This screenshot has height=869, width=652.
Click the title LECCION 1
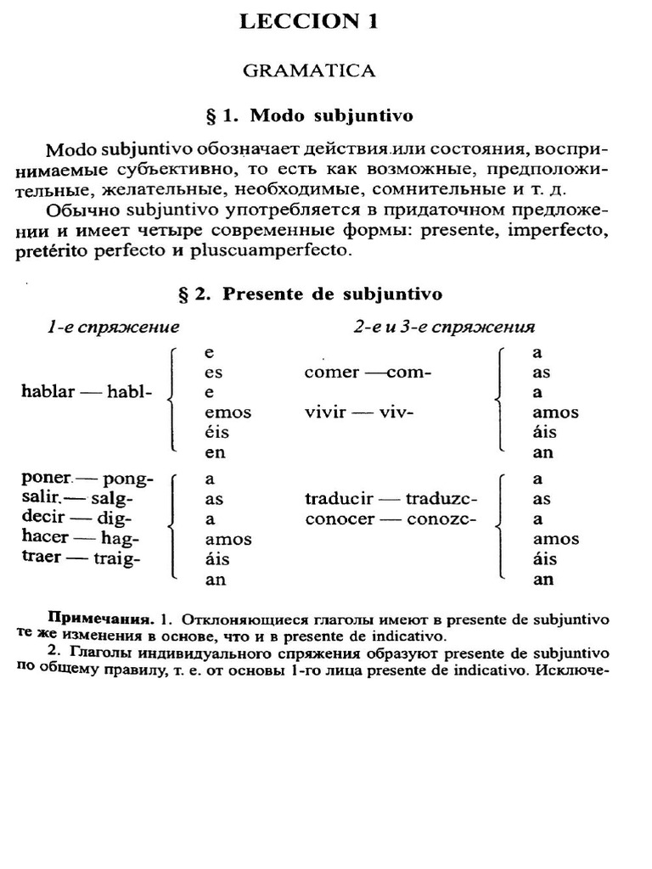point(309,22)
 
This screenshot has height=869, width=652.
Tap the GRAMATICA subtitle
point(309,70)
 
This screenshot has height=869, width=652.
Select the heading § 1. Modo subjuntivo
point(309,115)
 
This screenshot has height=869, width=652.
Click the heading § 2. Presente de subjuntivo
point(309,294)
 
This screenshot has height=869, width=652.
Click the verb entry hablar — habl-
point(86,392)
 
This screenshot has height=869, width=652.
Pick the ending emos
point(228,412)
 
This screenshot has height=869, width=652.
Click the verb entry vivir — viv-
point(358,412)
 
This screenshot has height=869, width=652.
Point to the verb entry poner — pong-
point(87,479)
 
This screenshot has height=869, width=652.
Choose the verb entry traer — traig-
point(81,558)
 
